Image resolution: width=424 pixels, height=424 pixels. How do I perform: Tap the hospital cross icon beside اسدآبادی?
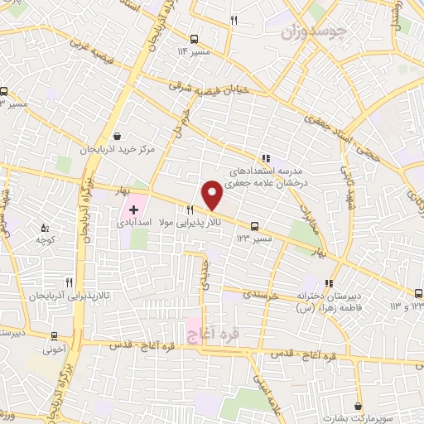click(134, 210)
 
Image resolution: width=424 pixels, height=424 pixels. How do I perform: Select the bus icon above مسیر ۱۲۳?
click(253, 224)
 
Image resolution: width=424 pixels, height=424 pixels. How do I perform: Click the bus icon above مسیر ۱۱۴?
click(194, 38)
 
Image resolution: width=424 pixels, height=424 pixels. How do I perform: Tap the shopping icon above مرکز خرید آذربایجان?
click(118, 137)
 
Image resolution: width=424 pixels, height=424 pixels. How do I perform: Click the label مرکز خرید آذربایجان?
click(118, 150)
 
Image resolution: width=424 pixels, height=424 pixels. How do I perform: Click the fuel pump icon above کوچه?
click(45, 225)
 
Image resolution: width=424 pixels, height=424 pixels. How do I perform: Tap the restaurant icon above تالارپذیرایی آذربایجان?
click(80, 282)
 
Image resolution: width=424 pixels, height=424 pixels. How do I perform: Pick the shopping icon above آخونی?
click(55, 335)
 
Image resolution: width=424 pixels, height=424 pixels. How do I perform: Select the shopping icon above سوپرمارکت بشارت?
click(358, 406)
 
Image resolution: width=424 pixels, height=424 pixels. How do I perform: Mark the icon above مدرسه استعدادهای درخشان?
click(265, 157)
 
